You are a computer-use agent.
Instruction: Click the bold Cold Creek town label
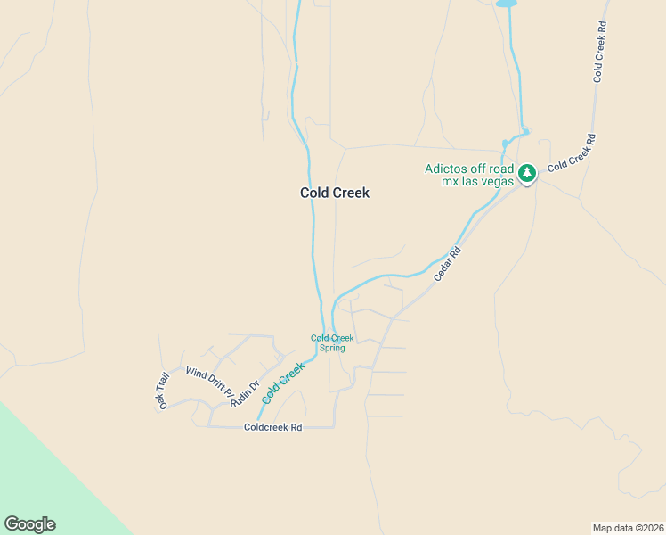point(334,193)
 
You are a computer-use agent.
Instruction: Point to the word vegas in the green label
point(498,181)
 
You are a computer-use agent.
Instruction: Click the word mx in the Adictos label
point(451,181)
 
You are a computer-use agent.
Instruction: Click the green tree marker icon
point(527,172)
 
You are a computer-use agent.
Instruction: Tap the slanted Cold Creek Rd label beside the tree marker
point(571,152)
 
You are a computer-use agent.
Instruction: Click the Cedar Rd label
point(448,264)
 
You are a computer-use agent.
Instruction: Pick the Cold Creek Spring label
point(332,342)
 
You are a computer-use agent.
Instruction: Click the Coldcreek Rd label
point(272,428)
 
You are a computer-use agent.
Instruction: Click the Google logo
point(29,524)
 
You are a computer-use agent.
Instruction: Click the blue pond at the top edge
point(506,4)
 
